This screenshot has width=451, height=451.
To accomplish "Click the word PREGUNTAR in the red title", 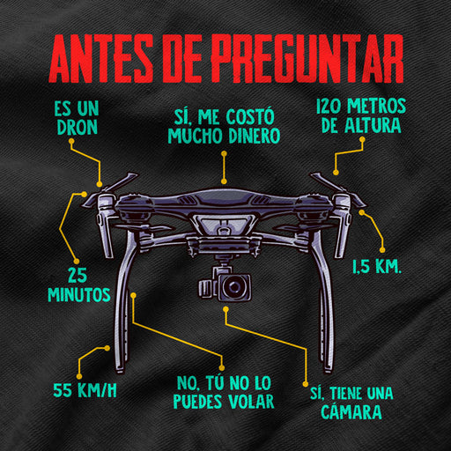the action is pyautogui.click(x=307, y=58).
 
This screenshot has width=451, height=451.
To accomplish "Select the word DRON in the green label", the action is pyautogui.click(x=78, y=127).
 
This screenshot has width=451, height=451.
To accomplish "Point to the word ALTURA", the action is pyautogui.click(x=373, y=125).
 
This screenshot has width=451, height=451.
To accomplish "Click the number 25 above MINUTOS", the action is pyautogui.click(x=78, y=275).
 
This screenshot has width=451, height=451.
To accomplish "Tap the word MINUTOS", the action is pyautogui.click(x=79, y=294).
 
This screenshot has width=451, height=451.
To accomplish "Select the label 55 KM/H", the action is pyautogui.click(x=85, y=390).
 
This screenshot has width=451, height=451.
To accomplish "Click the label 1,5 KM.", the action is pyautogui.click(x=377, y=266).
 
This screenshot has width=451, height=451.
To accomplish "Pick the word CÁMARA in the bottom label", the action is pyautogui.click(x=351, y=411).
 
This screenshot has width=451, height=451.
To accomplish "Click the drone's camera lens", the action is pyautogui.click(x=234, y=286).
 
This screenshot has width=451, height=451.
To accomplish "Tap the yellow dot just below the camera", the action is pyautogui.click(x=225, y=309).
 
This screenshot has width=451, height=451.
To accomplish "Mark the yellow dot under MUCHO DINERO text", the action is pyautogui.click(x=224, y=153).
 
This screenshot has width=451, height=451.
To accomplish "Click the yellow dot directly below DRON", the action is pyautogui.click(x=71, y=141).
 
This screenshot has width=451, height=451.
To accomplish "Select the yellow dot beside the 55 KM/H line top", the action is pyautogui.click(x=107, y=348).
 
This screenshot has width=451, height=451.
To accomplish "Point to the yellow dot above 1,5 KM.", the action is pyautogui.click(x=382, y=250).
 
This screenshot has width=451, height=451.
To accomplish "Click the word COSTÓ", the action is pyautogui.click(x=250, y=116).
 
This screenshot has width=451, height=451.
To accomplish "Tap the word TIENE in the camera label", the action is pyautogui.click(x=346, y=393).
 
